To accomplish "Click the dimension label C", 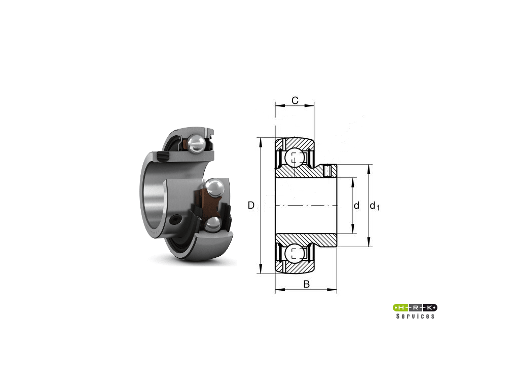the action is [295, 100].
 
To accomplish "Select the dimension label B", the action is [307, 284].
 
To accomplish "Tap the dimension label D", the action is [251, 206].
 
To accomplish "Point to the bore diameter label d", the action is [356, 206].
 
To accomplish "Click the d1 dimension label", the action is [375, 206].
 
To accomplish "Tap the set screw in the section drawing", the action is [328, 171].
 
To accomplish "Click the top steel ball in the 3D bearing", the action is [196, 143].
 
